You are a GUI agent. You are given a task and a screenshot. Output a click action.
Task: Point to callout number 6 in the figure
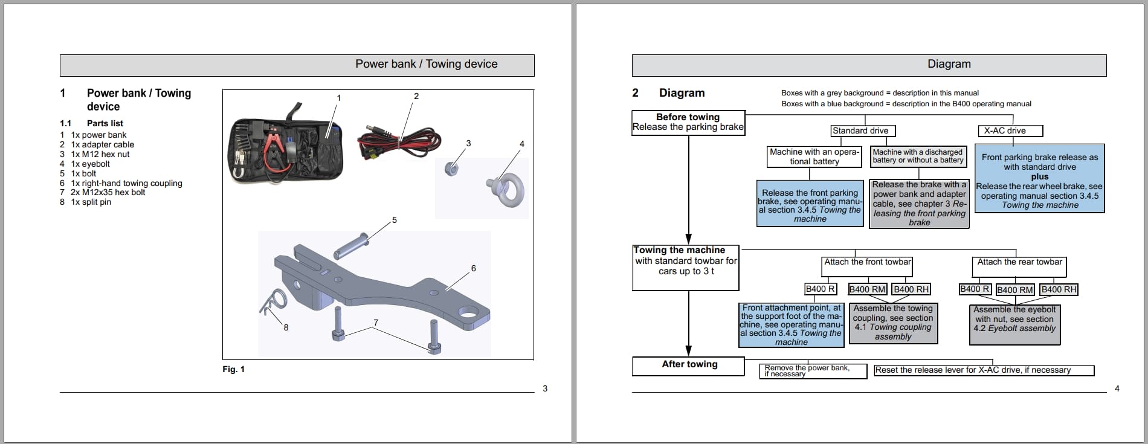click(473, 268)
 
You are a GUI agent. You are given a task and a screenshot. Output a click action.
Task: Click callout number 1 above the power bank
click(338, 98)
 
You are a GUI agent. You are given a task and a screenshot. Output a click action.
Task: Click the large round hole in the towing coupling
click(469, 313)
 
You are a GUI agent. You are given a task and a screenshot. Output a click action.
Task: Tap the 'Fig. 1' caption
click(233, 369)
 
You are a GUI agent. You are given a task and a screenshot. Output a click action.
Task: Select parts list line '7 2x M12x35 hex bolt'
click(103, 192)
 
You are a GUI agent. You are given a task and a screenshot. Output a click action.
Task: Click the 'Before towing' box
click(688, 122)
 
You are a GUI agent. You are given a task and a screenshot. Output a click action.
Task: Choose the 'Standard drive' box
click(860, 130)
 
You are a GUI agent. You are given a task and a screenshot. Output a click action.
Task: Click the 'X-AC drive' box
click(1005, 130)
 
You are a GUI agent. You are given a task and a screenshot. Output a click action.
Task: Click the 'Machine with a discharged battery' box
click(917, 156)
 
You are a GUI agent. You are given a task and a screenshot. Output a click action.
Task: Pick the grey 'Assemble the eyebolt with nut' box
click(1014, 324)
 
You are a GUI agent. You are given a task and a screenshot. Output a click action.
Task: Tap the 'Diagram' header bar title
click(949, 64)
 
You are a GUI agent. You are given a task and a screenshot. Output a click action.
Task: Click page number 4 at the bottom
click(1117, 388)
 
